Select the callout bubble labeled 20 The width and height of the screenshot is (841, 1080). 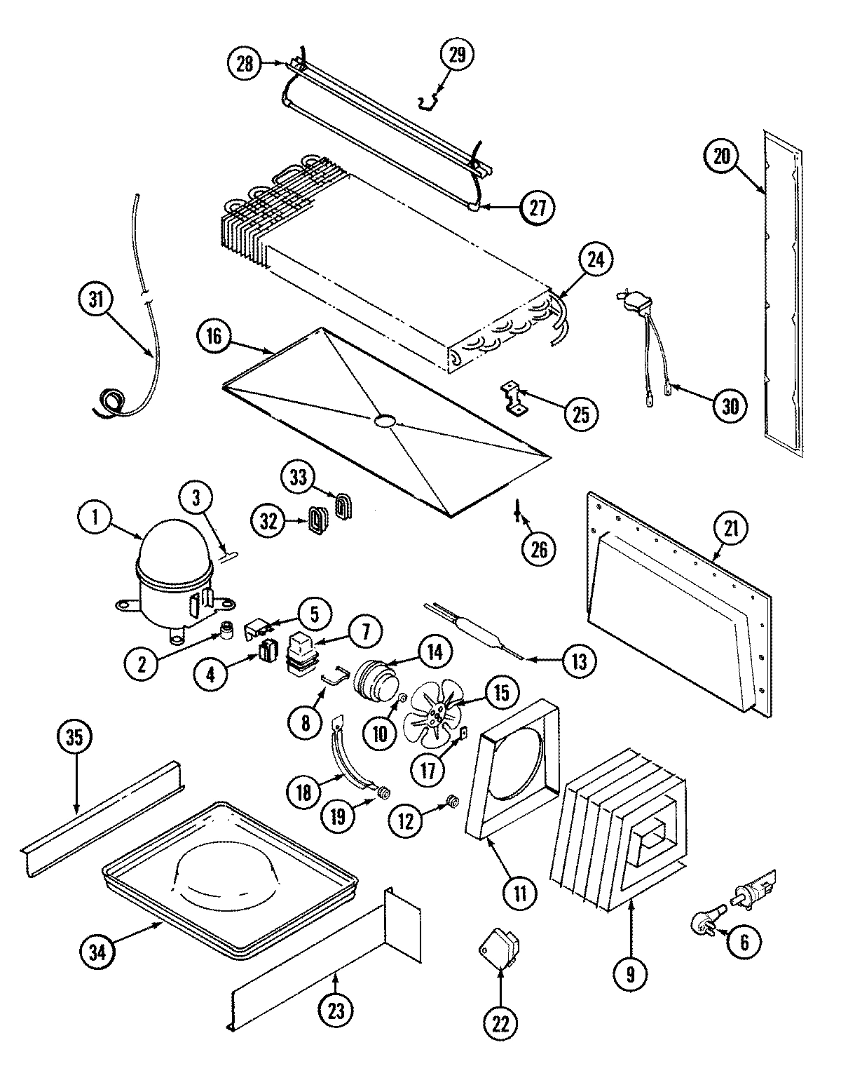(722, 157)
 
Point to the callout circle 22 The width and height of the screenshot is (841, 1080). (500, 1024)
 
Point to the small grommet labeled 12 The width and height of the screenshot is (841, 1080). (452, 801)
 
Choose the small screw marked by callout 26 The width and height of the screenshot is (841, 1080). (517, 511)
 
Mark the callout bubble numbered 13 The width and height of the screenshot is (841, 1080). (578, 660)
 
